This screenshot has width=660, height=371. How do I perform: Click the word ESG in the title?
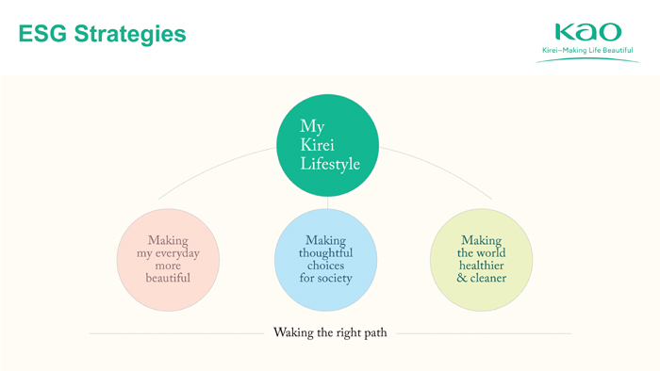coord(42,34)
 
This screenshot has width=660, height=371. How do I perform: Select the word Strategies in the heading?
coord(130,35)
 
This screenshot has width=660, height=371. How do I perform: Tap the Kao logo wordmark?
coord(588,32)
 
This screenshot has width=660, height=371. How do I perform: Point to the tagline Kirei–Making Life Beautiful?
coord(587,50)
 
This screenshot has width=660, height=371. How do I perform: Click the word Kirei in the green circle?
coord(318,145)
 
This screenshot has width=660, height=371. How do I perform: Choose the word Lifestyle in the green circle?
coord(330,164)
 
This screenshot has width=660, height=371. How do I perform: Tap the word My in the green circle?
coord(312,127)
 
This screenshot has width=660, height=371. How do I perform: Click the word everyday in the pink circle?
coord(177,254)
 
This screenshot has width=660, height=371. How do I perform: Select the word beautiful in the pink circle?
coord(168,278)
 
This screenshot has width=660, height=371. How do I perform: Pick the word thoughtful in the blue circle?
coord(326,252)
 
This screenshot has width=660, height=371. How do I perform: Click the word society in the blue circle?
coord(335,278)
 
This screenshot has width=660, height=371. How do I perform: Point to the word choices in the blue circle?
coord(326,266)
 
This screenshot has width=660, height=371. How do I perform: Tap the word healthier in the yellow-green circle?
coord(482,266)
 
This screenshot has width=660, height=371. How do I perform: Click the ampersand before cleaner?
coord(462,278)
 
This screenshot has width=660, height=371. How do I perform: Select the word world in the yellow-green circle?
coord(491,252)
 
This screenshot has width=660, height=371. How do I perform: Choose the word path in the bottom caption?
coord(375,332)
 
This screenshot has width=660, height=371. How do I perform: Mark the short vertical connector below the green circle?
coord(327,202)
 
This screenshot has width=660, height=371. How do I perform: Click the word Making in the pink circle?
coord(168,240)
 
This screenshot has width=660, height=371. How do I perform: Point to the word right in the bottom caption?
coord(349,333)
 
